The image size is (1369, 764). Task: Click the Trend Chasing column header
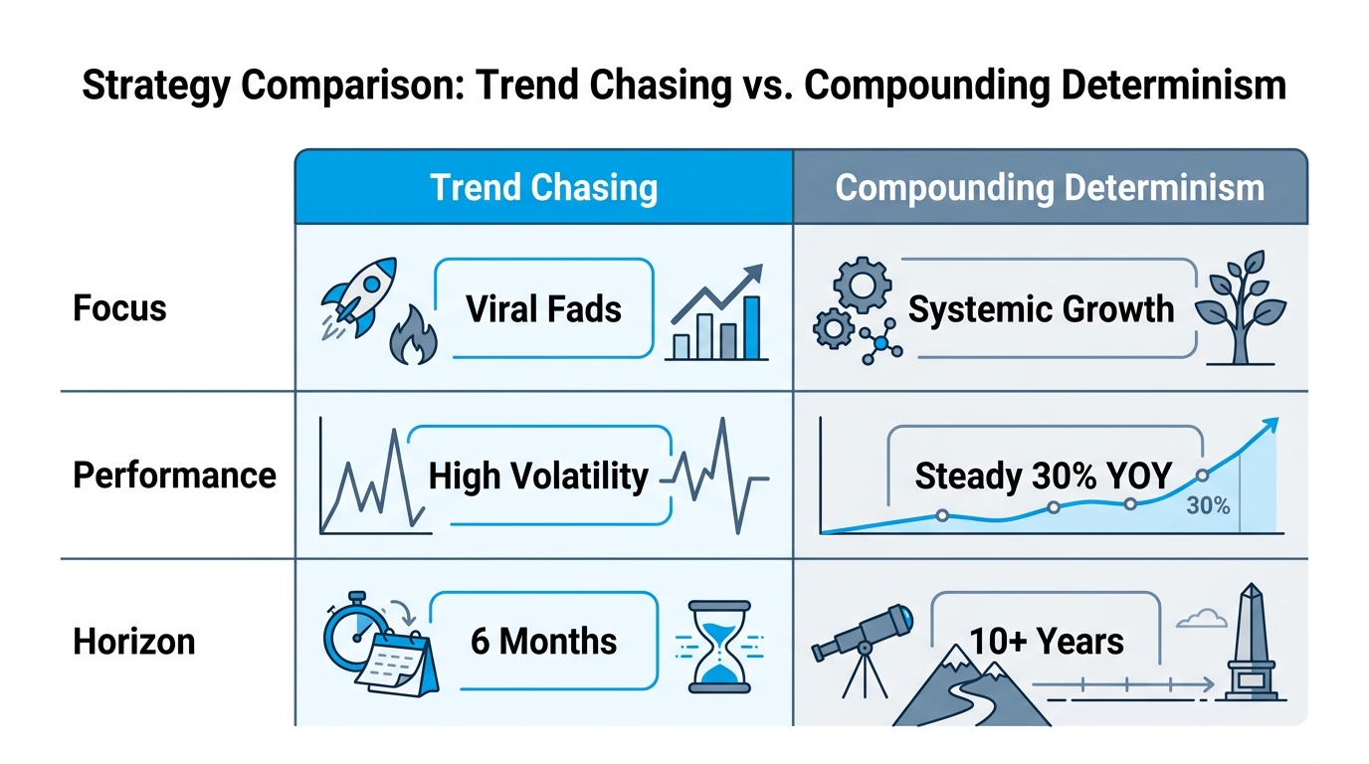tap(543, 187)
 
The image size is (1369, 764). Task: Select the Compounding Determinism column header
tap(1050, 187)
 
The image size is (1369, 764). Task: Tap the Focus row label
tap(119, 307)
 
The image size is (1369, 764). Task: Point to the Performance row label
tap(174, 475)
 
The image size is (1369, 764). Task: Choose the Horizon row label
tap(133, 642)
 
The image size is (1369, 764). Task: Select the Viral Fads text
tap(543, 308)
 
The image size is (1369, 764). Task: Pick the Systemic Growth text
tap(1041, 308)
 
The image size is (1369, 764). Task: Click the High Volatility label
tap(538, 476)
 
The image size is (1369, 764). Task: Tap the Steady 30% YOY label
tap(1043, 476)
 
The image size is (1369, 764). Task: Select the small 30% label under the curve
tap(1208, 506)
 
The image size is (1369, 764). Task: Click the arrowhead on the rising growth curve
tap(1270, 425)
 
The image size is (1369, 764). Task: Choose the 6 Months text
tap(543, 642)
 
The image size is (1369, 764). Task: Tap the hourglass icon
tap(719, 646)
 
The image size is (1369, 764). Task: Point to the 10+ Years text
tap(1047, 642)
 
